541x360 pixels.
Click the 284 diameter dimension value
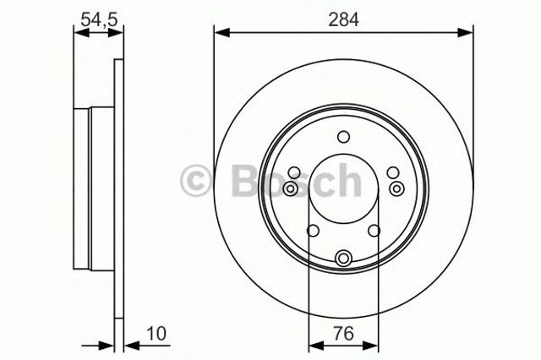coord(341,18)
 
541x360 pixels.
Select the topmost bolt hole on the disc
coord(342,138)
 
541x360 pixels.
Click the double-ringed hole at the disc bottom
coord(342,259)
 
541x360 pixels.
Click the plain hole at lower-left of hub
coord(312,231)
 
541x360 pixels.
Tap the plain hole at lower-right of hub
coord(374,231)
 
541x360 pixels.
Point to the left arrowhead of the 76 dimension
coord(314,345)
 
